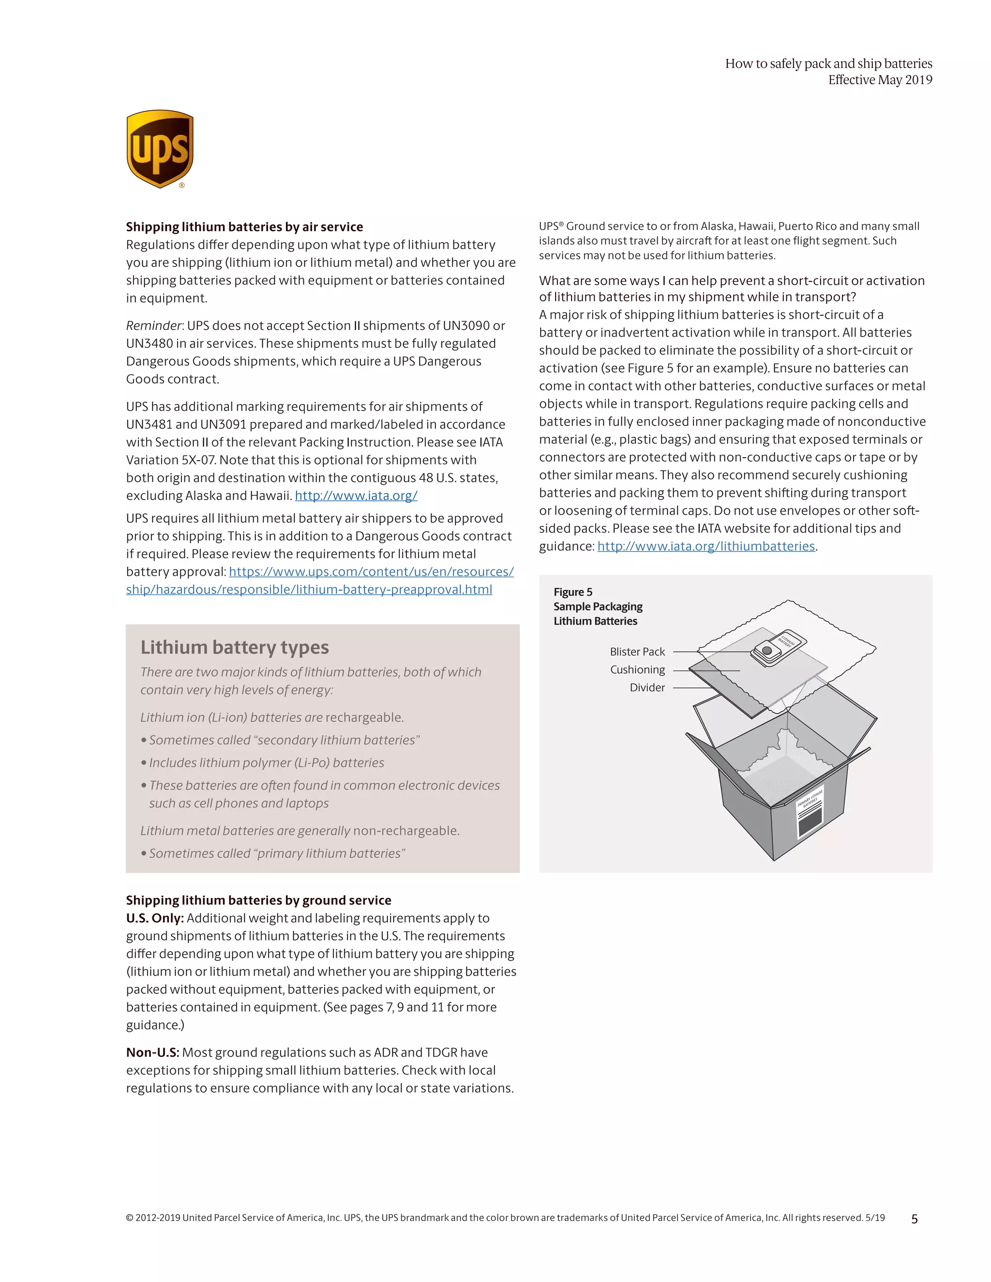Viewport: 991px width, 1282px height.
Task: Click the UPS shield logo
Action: (160, 149)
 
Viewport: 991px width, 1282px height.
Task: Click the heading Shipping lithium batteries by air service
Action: (244, 226)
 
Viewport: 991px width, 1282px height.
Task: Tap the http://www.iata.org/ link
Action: (356, 495)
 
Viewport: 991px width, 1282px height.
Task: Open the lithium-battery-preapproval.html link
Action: (309, 589)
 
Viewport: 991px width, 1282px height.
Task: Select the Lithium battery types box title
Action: (234, 647)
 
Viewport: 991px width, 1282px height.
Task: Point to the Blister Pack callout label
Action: (637, 652)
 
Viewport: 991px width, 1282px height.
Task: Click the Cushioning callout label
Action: (637, 670)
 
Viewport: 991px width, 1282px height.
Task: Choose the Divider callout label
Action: (647, 687)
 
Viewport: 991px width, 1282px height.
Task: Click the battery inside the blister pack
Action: (767, 650)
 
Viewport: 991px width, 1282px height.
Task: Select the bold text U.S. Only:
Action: (155, 918)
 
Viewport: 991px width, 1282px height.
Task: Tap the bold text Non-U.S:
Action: (152, 1053)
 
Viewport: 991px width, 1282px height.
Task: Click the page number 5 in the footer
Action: (914, 1219)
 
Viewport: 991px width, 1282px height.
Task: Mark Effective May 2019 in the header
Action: (879, 80)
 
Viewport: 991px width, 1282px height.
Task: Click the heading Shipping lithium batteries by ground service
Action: (258, 900)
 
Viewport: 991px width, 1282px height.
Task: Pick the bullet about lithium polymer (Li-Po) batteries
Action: (266, 762)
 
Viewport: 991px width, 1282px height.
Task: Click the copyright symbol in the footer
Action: (130, 1218)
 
